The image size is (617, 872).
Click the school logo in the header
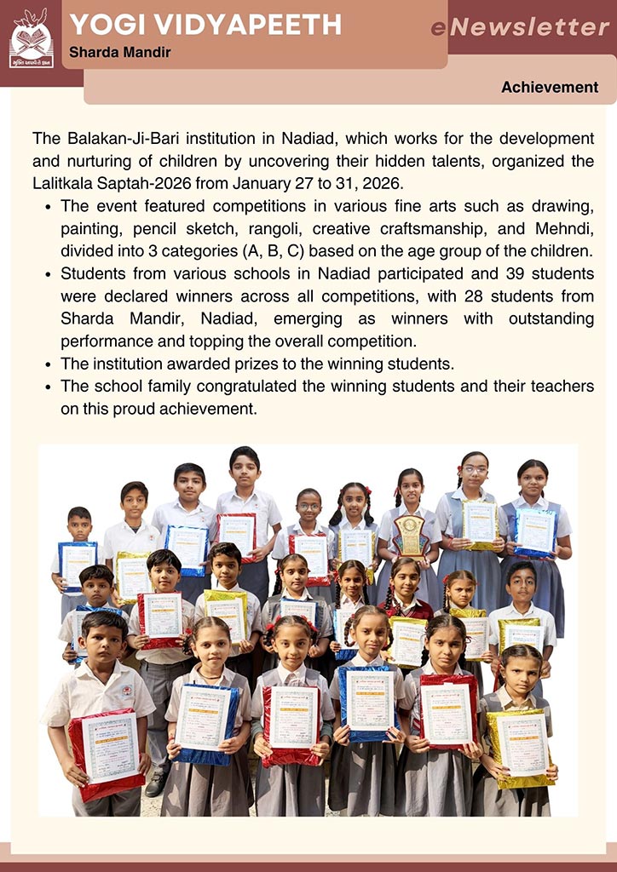[x=31, y=38]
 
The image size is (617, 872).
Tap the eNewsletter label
[x=520, y=27]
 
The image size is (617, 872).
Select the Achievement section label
[x=549, y=88]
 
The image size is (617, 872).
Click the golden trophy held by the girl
[x=411, y=535]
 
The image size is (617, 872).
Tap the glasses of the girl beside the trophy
[x=475, y=469]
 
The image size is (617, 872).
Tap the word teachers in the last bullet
[x=557, y=387]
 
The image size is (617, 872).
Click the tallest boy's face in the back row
[x=245, y=470]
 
